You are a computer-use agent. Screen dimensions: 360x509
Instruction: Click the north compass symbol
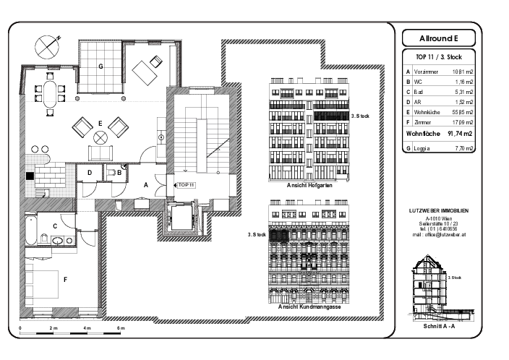47,45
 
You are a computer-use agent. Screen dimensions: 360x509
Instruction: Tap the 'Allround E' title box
438,38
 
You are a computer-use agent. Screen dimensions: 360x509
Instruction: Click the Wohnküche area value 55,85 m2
462,113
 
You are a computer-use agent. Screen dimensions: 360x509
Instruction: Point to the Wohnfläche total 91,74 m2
459,134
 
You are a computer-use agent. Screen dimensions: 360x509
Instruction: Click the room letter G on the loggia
101,66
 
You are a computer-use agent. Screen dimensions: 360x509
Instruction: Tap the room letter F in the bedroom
65,279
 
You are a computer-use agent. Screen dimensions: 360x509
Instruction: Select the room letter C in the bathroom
54,225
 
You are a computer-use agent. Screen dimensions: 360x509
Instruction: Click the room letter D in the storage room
88,173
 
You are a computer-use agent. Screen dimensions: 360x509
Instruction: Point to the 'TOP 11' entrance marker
187,184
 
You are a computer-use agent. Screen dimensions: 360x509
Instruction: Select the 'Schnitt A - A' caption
439,326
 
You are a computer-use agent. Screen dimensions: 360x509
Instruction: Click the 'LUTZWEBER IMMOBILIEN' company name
439,210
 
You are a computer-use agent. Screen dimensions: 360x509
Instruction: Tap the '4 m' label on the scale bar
87,329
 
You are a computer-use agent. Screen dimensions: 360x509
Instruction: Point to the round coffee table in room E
101,137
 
